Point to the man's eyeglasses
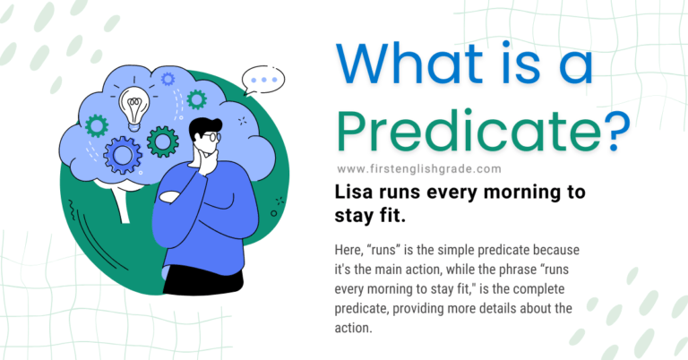(x=207, y=137)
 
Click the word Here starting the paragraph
(x=353, y=247)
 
